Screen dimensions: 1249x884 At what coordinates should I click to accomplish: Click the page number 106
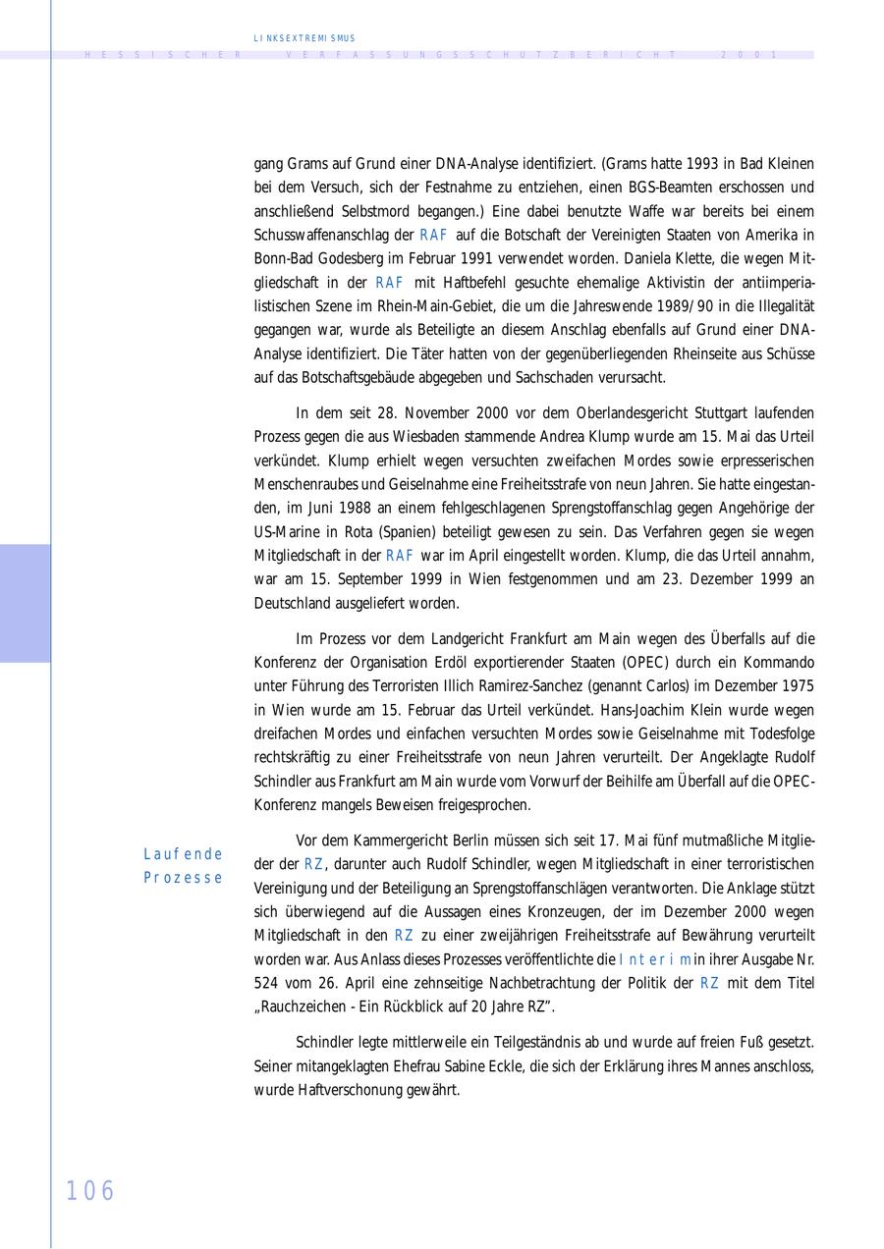pos(90,1191)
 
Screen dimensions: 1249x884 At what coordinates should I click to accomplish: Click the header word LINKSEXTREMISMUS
pos(304,38)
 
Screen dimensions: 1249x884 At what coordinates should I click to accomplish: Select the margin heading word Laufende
pos(183,854)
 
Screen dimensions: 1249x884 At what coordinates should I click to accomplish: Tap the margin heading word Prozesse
pos(183,878)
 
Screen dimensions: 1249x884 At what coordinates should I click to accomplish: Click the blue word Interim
pos(655,959)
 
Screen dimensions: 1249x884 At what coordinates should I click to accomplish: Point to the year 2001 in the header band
pos(749,56)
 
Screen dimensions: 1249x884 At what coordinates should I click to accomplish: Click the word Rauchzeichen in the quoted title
pos(304,1006)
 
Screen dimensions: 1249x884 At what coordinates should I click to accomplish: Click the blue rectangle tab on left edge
pos(25,603)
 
